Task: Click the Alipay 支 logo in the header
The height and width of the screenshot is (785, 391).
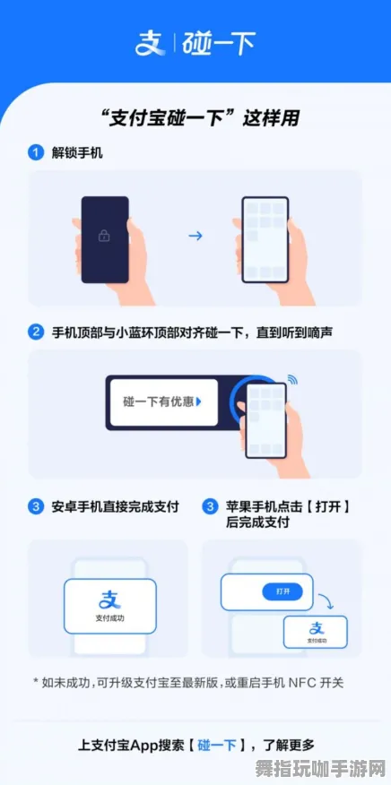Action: [147, 43]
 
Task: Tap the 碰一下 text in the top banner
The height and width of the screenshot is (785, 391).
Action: [219, 43]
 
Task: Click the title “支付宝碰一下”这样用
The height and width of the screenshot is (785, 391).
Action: [195, 118]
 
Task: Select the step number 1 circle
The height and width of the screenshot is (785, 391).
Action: [36, 153]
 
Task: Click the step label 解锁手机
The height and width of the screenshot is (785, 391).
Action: [77, 153]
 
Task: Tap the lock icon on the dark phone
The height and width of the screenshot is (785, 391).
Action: [105, 237]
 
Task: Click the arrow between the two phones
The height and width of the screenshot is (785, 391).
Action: [195, 237]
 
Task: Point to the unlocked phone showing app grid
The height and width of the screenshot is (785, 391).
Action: [265, 237]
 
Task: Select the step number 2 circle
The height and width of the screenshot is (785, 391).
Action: [36, 332]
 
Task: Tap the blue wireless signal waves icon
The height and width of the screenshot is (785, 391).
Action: [292, 381]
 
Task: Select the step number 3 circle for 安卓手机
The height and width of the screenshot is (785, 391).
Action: [36, 507]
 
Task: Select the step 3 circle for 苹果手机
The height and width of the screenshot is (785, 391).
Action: [210, 507]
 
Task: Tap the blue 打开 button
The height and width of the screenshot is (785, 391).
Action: [282, 591]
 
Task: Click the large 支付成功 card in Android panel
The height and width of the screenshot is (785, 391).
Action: [109, 606]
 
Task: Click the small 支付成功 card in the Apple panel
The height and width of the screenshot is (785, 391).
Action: [316, 631]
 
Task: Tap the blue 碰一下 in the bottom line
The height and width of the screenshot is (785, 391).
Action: [219, 745]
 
